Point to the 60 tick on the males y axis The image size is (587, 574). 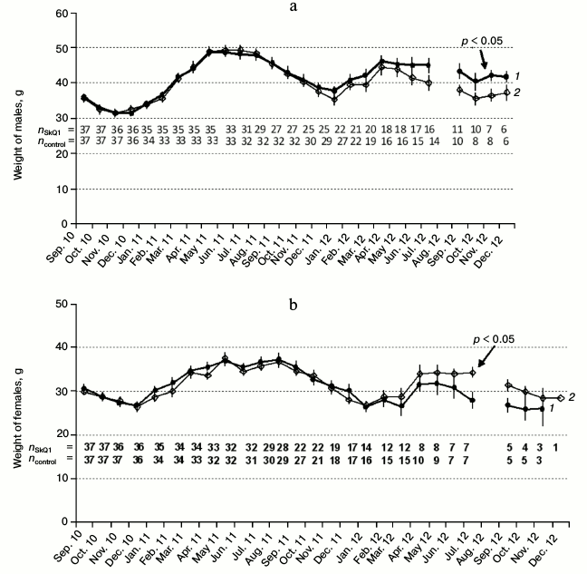tap(63, 13)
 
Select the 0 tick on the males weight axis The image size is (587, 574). tap(67, 223)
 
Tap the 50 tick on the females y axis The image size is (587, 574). tap(63, 304)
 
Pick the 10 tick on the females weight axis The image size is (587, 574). tap(63, 478)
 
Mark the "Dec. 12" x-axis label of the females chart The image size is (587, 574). tap(546, 545)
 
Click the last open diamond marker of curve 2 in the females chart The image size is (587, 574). tap(561, 398)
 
